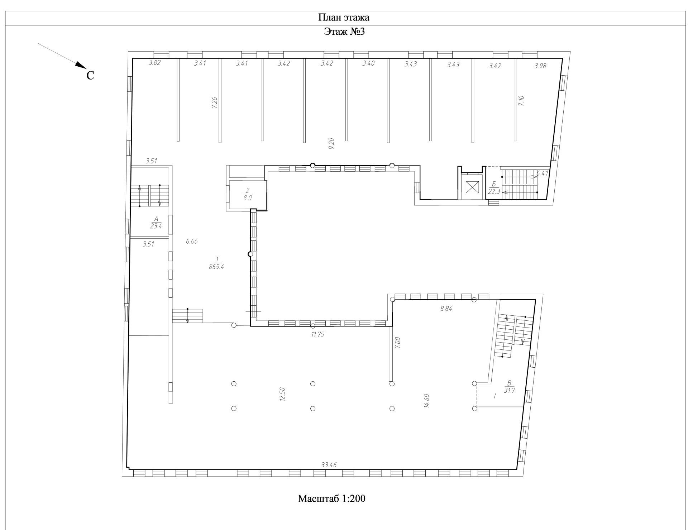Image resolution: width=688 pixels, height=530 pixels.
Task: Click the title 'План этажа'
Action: [344, 18]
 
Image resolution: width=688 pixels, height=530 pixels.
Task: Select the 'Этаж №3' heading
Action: [344, 32]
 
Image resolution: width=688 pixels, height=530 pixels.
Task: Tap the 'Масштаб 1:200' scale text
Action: [332, 498]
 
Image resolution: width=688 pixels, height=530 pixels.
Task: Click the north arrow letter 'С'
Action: [90, 75]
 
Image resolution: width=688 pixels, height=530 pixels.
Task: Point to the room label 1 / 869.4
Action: [216, 263]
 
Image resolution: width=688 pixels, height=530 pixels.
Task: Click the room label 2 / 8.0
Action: [248, 194]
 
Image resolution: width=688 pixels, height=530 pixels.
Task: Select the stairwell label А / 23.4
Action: [156, 222]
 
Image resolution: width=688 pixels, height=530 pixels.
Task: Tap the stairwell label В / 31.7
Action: [509, 387]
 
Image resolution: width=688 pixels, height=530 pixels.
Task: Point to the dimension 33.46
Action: [329, 465]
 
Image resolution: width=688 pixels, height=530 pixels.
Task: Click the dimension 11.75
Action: [318, 334]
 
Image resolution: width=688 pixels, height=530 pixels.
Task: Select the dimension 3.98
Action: [540, 66]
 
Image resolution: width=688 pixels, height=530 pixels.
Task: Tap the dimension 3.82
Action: [155, 63]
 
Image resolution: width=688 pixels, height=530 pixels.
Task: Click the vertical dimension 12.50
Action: [282, 394]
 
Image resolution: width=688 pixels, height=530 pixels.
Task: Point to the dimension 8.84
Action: [446, 309]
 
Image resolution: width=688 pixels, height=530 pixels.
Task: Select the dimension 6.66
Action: [192, 242]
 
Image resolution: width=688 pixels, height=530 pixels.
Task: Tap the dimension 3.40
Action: [368, 63]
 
